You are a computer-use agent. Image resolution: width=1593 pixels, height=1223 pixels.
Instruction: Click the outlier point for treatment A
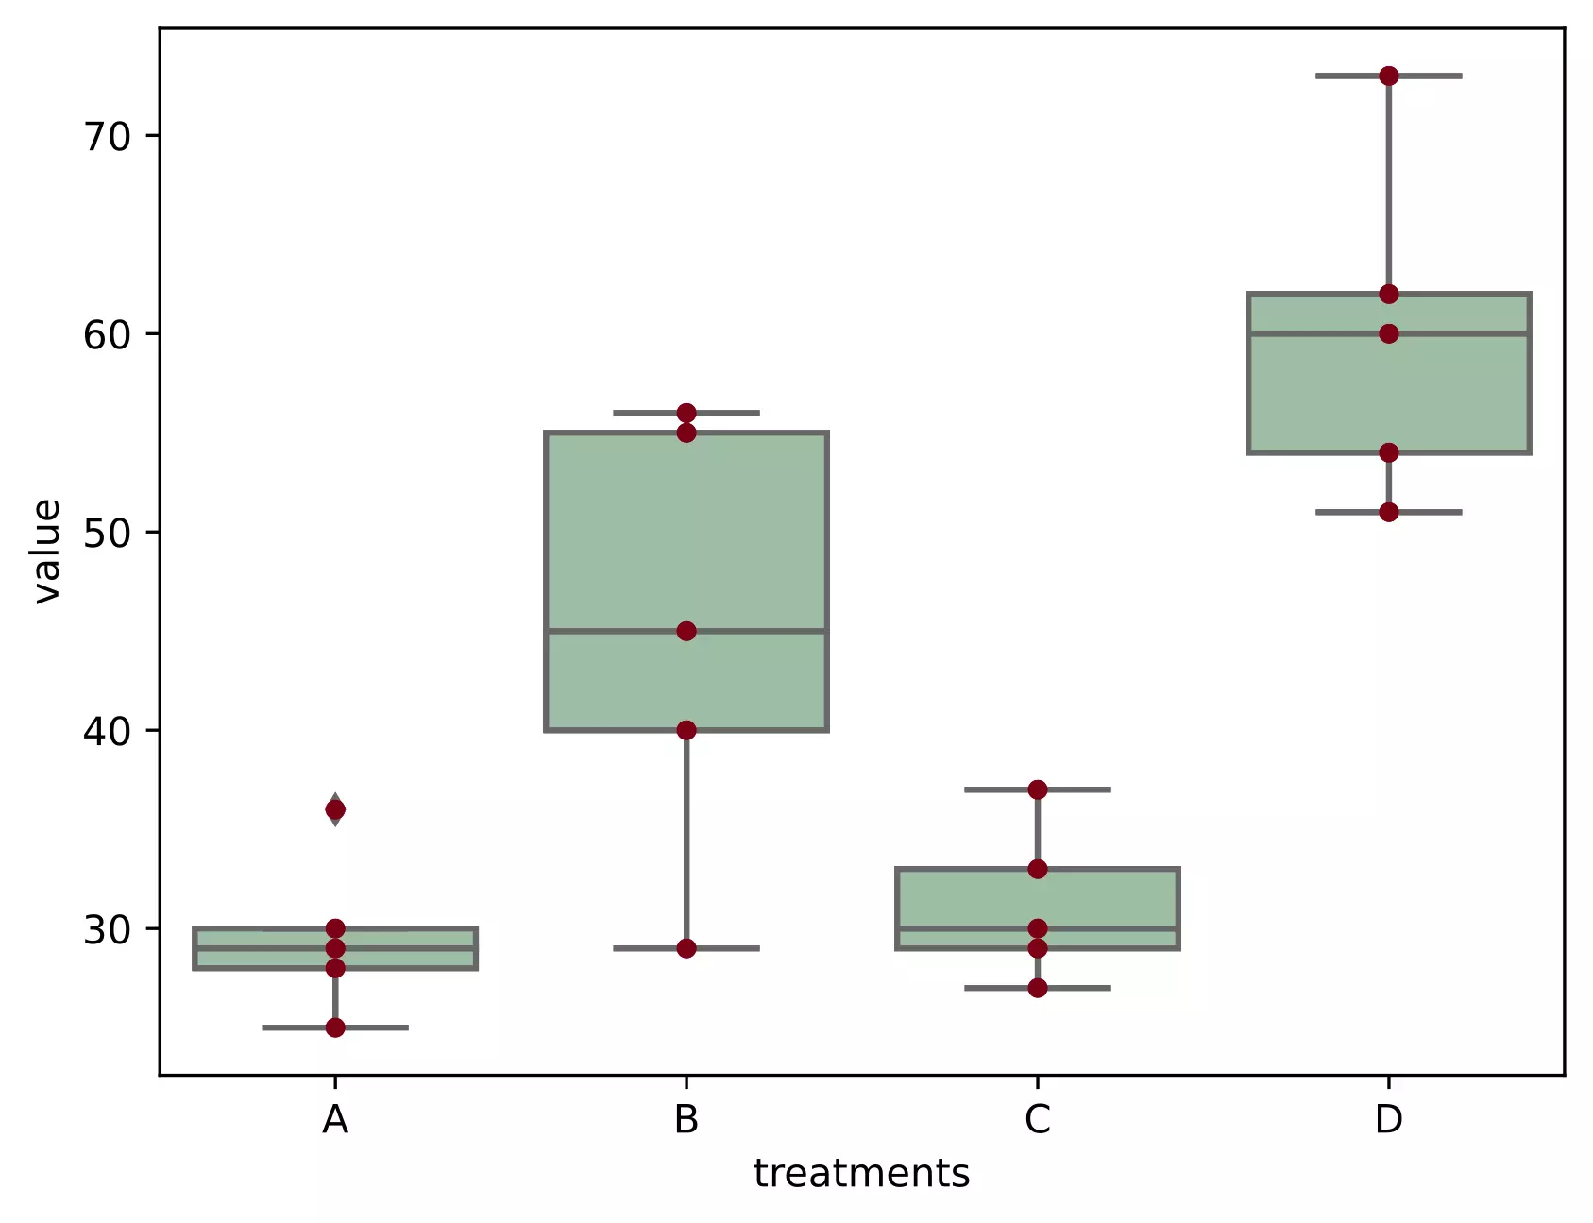335,809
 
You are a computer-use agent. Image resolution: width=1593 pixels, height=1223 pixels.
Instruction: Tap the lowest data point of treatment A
335,1028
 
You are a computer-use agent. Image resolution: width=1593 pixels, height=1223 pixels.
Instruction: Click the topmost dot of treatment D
1388,76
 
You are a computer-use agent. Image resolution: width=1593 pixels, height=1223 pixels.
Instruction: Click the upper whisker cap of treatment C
1076,790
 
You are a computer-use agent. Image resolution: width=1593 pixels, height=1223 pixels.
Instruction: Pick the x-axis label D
1388,1120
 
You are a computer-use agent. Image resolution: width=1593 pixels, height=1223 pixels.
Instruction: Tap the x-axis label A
335,1120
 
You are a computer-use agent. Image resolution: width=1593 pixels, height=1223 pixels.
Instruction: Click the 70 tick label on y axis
107,137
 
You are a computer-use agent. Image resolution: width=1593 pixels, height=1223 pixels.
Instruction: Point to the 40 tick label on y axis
107,731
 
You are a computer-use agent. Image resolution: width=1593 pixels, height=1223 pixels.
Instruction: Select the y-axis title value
46,551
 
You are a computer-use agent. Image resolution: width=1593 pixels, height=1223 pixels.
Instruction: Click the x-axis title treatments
861,1174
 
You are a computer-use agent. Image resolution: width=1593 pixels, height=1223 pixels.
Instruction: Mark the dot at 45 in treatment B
686,631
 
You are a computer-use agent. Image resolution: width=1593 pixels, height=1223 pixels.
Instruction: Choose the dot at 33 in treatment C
1038,869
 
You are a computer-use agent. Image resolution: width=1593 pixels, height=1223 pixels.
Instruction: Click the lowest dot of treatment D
1388,512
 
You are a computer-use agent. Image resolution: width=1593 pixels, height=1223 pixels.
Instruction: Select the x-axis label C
1038,1120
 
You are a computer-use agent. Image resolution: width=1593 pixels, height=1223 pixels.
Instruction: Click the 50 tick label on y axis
107,533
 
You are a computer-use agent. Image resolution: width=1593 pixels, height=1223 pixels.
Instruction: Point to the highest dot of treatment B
686,413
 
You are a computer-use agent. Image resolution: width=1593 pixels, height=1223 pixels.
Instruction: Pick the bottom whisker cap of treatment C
1076,988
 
